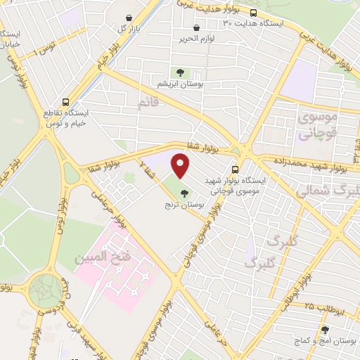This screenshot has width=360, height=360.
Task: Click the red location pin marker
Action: point(181,167)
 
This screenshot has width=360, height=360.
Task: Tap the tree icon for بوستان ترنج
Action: point(184,193)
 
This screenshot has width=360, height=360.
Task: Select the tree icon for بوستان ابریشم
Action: point(181,72)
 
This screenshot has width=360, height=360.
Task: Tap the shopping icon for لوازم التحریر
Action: point(196,28)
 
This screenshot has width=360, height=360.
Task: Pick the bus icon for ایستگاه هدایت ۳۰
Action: point(253,13)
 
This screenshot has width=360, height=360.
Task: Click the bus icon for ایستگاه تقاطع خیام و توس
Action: point(65,101)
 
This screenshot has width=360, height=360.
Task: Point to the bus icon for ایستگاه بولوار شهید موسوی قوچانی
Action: point(236,169)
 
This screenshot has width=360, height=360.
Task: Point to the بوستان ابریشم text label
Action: point(181,84)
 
